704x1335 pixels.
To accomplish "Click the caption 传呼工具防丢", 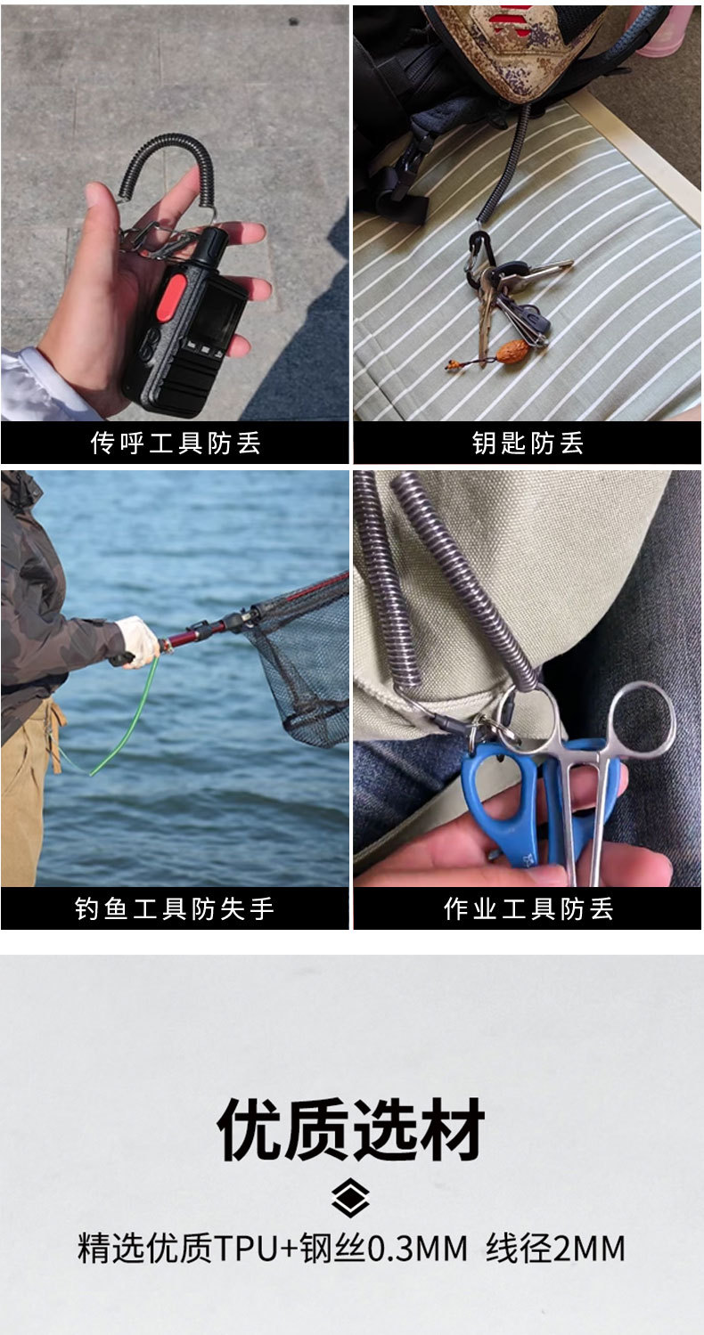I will pos(176,443).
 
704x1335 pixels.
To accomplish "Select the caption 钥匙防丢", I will pos(528,443).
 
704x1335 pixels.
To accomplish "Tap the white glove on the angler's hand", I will pos(138,639).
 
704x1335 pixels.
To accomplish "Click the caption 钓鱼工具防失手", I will pos(176,909).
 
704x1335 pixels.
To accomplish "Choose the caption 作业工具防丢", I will pos(528,909).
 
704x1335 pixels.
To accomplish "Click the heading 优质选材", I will pos(351,1129).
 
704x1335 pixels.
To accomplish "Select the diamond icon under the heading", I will pos(351,1197).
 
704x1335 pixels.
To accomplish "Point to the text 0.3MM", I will pos(417,1248).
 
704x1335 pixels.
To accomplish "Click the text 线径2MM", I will pos(555,1248).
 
